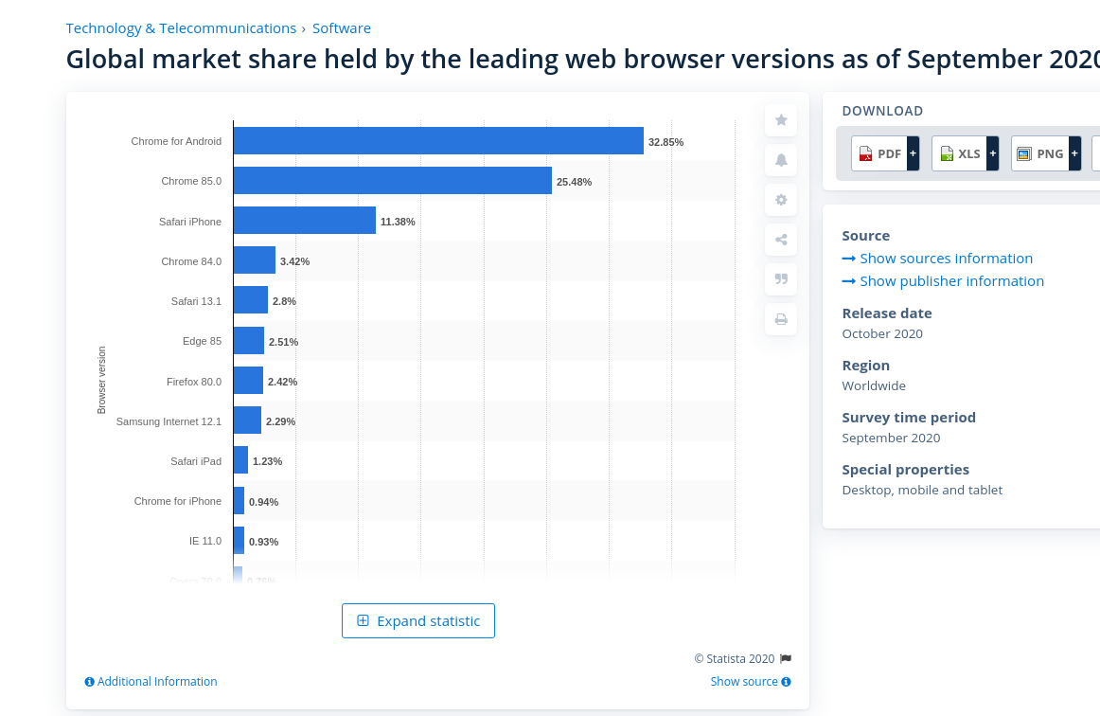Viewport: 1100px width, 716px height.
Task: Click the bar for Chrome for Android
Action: pyautogui.click(x=438, y=141)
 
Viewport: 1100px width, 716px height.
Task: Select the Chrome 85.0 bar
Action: pyautogui.click(x=392, y=181)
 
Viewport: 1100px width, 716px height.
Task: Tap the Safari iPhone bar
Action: pyautogui.click(x=304, y=221)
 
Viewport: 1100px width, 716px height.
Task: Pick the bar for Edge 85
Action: pyautogui.click(x=248, y=341)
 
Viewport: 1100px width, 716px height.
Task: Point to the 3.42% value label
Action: pyautogui.click(x=294, y=261)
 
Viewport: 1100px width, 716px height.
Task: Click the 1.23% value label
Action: pyautogui.click(x=267, y=461)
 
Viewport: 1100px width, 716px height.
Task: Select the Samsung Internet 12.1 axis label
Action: pyautogui.click(x=169, y=421)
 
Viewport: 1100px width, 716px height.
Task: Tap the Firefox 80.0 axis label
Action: pyautogui.click(x=193, y=382)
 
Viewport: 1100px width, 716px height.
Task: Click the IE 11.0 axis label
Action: pyautogui.click(x=204, y=541)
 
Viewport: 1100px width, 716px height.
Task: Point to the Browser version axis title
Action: pyautogui.click(x=102, y=380)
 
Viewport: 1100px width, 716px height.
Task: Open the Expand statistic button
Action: pyautogui.click(x=418, y=621)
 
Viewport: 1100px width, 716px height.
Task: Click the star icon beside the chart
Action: pyautogui.click(x=781, y=120)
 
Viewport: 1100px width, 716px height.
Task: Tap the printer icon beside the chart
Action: pyautogui.click(x=781, y=319)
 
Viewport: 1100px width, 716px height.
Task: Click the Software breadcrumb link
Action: pyautogui.click(x=342, y=28)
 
